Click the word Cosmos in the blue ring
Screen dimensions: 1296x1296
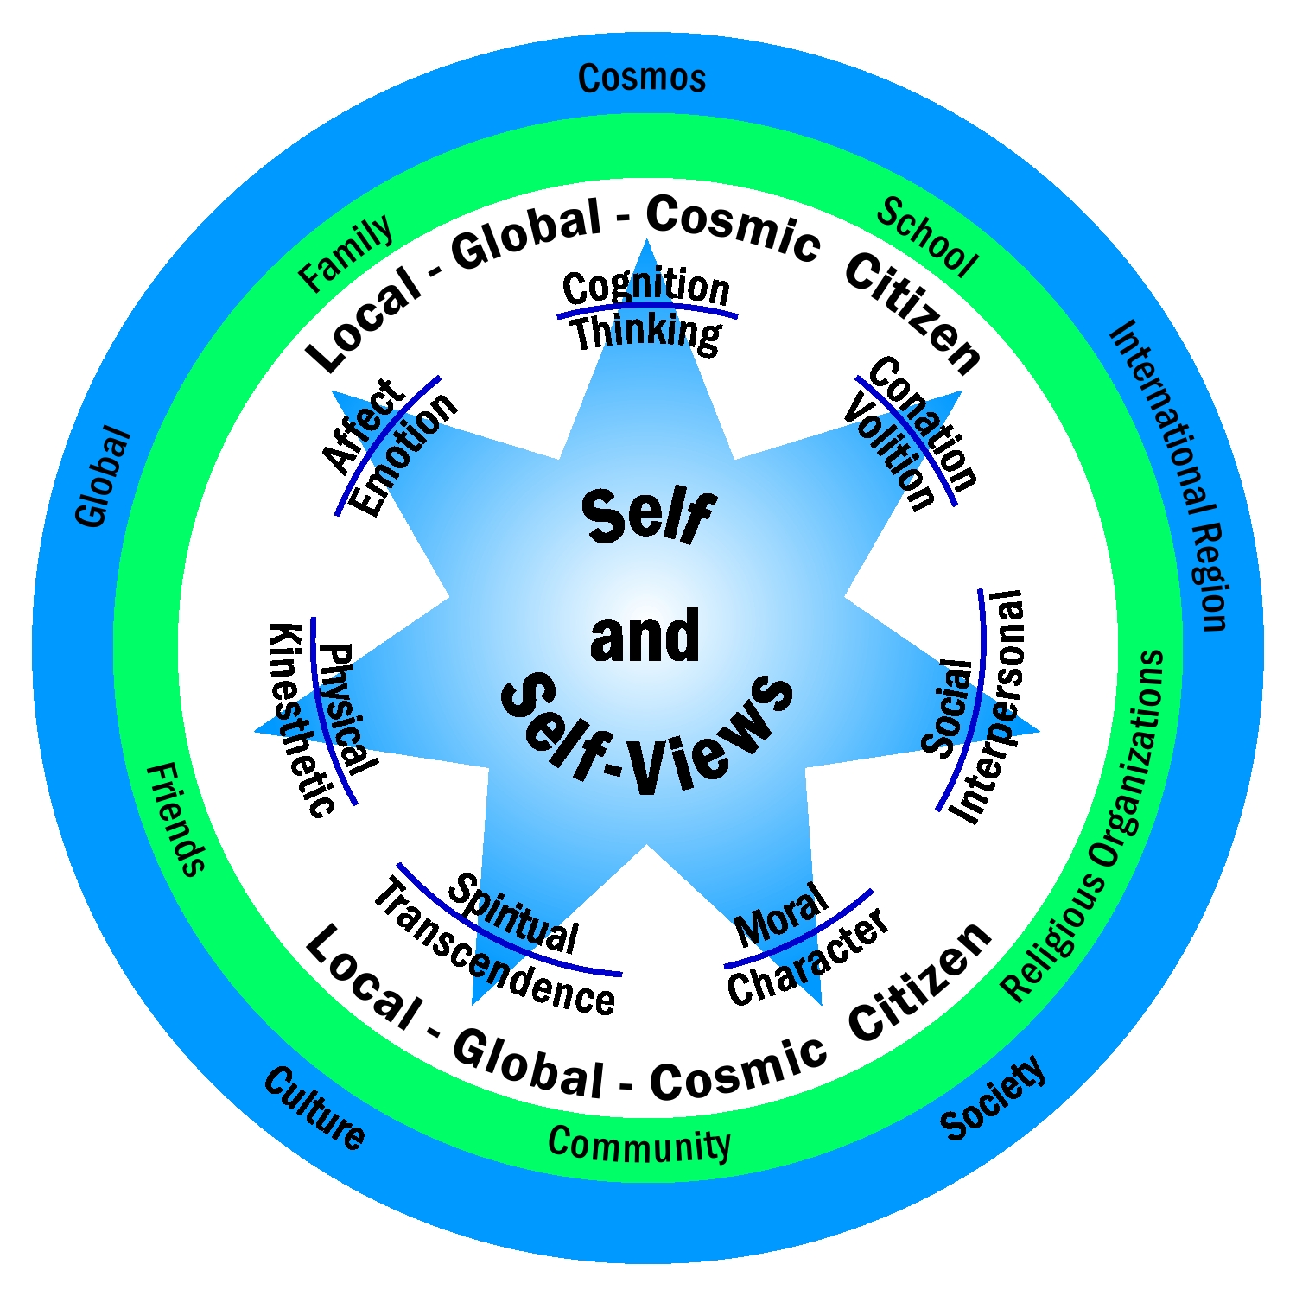click(x=642, y=79)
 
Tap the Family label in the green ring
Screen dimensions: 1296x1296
click(x=346, y=253)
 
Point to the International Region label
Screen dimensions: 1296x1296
click(x=1171, y=475)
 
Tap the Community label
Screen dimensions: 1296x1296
click(x=639, y=1146)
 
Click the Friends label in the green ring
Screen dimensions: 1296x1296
click(x=176, y=819)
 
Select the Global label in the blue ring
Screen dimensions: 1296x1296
click(x=104, y=476)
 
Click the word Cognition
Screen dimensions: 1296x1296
click(x=645, y=286)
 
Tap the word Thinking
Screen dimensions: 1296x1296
click(x=645, y=333)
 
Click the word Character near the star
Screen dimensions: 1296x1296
click(x=809, y=959)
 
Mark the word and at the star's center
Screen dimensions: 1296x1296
click(x=645, y=635)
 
